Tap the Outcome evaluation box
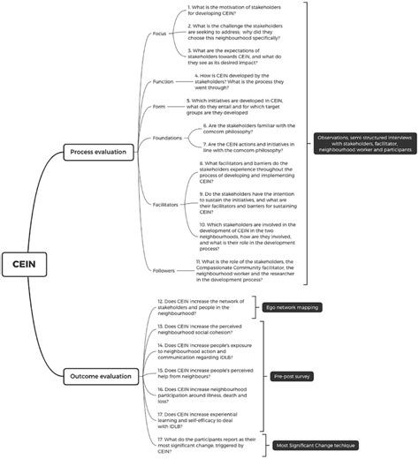[x=99, y=377]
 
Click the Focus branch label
[x=159, y=34]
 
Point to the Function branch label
[x=163, y=81]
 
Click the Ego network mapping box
[x=286, y=307]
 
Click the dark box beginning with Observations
[x=362, y=143]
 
